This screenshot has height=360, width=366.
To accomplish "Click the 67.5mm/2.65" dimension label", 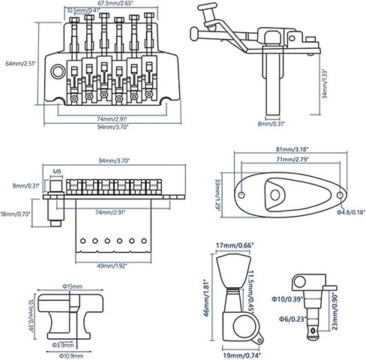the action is tap(112, 3).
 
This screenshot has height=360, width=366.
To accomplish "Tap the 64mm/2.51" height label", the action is tap(21, 64).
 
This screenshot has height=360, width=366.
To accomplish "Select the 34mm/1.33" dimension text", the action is tap(325, 83).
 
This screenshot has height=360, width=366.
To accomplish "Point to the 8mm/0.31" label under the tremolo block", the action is tap(271, 123).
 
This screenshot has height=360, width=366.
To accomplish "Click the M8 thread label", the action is tap(57, 172).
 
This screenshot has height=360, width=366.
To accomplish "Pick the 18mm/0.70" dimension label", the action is tap(16, 214).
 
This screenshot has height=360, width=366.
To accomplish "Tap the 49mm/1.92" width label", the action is tap(112, 266).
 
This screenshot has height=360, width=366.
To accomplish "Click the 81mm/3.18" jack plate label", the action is tap(292, 149).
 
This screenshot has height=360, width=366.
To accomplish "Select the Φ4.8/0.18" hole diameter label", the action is tap(351, 212).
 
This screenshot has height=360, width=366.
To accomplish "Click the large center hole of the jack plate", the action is tap(275, 195).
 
